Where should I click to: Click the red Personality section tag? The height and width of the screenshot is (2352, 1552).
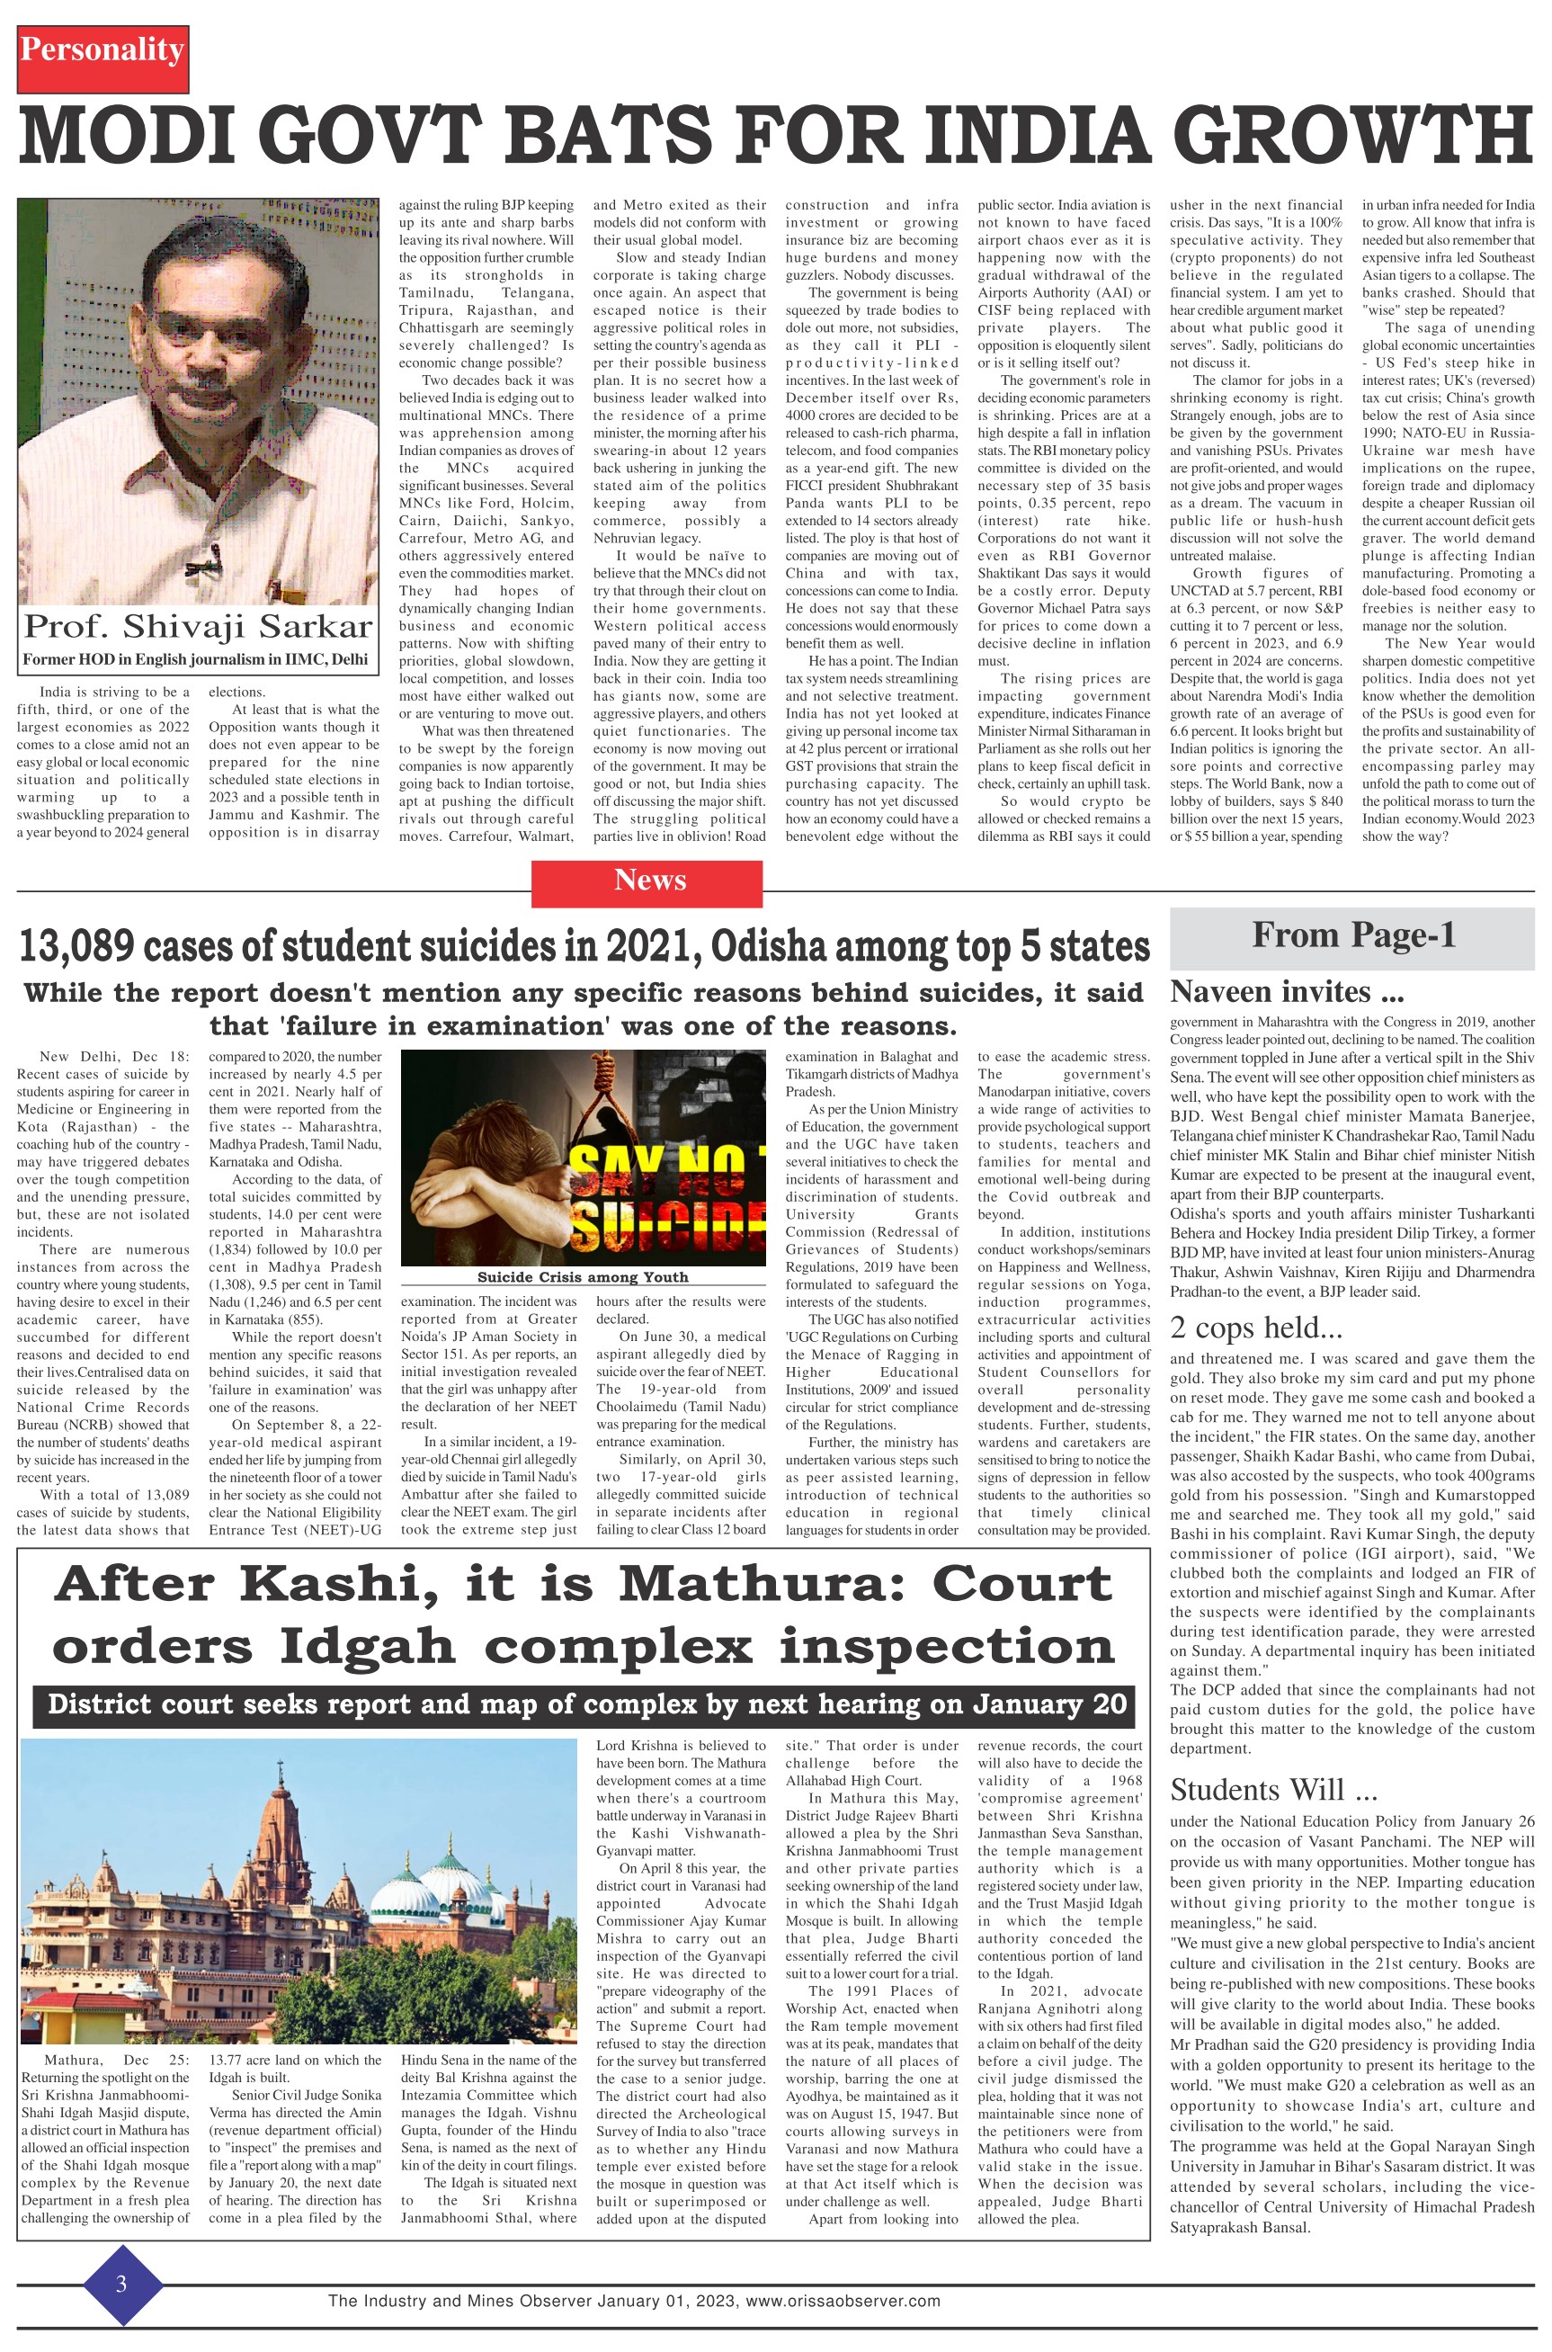pos(102,50)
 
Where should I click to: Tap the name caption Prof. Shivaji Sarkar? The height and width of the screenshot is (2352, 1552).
pos(198,626)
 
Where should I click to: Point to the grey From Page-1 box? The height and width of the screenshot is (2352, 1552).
pos(1352,935)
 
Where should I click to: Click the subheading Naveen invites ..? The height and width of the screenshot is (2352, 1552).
pos(1286,992)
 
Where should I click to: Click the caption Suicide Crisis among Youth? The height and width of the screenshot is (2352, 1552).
pos(582,1277)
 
